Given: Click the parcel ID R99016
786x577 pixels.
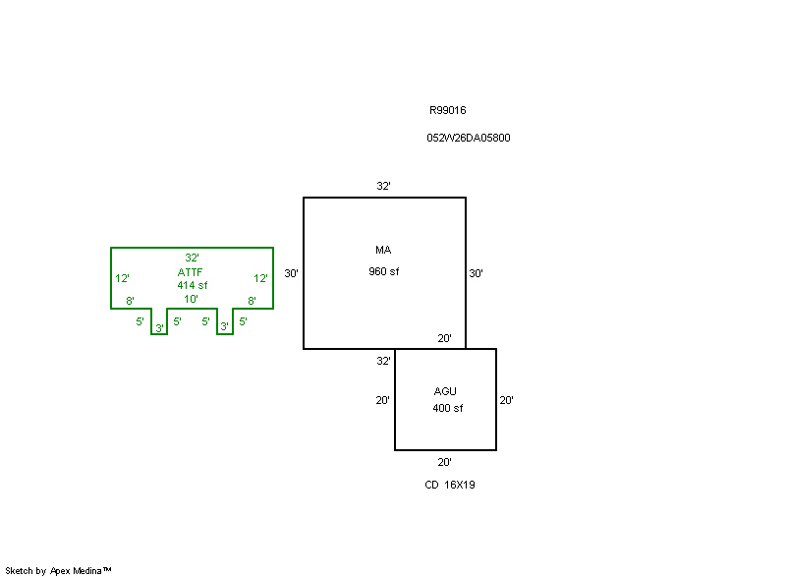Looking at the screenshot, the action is pyautogui.click(x=448, y=110).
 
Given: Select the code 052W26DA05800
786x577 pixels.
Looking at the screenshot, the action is pyautogui.click(x=469, y=138).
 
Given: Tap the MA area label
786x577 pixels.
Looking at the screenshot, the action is pyautogui.click(x=383, y=250).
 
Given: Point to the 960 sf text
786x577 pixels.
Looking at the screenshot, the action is pyautogui.click(x=384, y=271).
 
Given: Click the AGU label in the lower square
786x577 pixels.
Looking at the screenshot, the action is pyautogui.click(x=445, y=391).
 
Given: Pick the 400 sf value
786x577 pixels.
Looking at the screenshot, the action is pyautogui.click(x=448, y=408).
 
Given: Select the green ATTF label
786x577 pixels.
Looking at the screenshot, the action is pyautogui.click(x=190, y=272).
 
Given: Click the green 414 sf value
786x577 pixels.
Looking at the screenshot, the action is pyautogui.click(x=192, y=285).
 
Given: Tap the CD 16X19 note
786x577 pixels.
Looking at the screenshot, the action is pyautogui.click(x=450, y=485).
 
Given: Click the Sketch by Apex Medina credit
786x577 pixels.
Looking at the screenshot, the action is pyautogui.click(x=58, y=570).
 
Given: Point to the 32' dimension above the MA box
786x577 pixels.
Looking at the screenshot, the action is pyautogui.click(x=383, y=186).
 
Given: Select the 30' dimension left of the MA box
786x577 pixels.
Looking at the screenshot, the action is pyautogui.click(x=291, y=273).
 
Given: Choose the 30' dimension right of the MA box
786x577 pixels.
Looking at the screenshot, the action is pyautogui.click(x=476, y=273).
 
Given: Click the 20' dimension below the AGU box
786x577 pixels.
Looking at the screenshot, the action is pyautogui.click(x=444, y=462).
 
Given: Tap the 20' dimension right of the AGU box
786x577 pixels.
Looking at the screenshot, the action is pyautogui.click(x=506, y=400).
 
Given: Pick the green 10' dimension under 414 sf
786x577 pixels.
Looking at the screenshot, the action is pyautogui.click(x=191, y=299).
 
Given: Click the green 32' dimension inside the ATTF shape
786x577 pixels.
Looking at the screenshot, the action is pyautogui.click(x=192, y=258).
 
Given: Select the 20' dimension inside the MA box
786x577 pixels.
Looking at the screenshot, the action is pyautogui.click(x=444, y=338).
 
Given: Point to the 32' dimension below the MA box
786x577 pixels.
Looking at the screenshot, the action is pyautogui.click(x=383, y=361).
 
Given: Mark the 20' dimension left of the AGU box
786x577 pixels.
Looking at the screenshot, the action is pyautogui.click(x=382, y=400).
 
